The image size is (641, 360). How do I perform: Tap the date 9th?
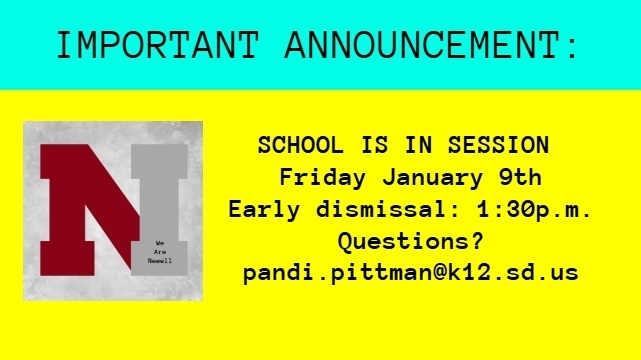tap(520, 178)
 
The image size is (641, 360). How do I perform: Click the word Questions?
tap(411, 241)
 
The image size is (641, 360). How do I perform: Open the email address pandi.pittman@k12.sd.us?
tap(411, 272)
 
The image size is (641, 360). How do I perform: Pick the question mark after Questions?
tap(477, 241)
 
